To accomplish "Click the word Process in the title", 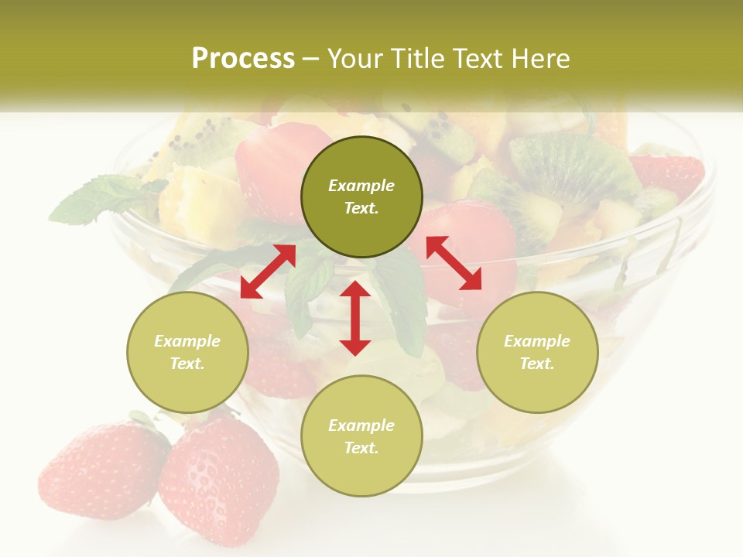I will click(243, 58).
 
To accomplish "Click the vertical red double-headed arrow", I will click(355, 318).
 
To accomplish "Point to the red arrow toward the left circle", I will click(268, 272).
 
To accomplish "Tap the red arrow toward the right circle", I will click(454, 263).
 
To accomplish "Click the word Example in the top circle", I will click(361, 186).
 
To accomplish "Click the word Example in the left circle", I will click(187, 341).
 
